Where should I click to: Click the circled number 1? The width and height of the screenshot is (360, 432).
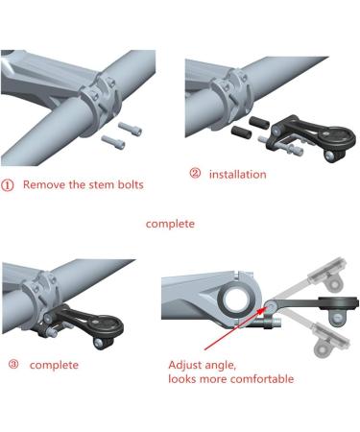[x=9, y=184]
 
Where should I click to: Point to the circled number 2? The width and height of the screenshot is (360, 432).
[x=195, y=174]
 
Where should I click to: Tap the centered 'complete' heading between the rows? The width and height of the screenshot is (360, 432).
[x=170, y=224]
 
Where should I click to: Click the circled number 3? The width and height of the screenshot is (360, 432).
[x=12, y=365]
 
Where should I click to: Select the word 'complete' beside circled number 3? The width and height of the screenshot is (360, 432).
[x=55, y=366]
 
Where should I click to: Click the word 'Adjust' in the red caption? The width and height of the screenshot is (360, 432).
[x=189, y=365]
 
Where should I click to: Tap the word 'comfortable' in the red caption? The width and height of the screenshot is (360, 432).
[x=257, y=379]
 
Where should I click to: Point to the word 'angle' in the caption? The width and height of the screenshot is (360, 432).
[x=231, y=365]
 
